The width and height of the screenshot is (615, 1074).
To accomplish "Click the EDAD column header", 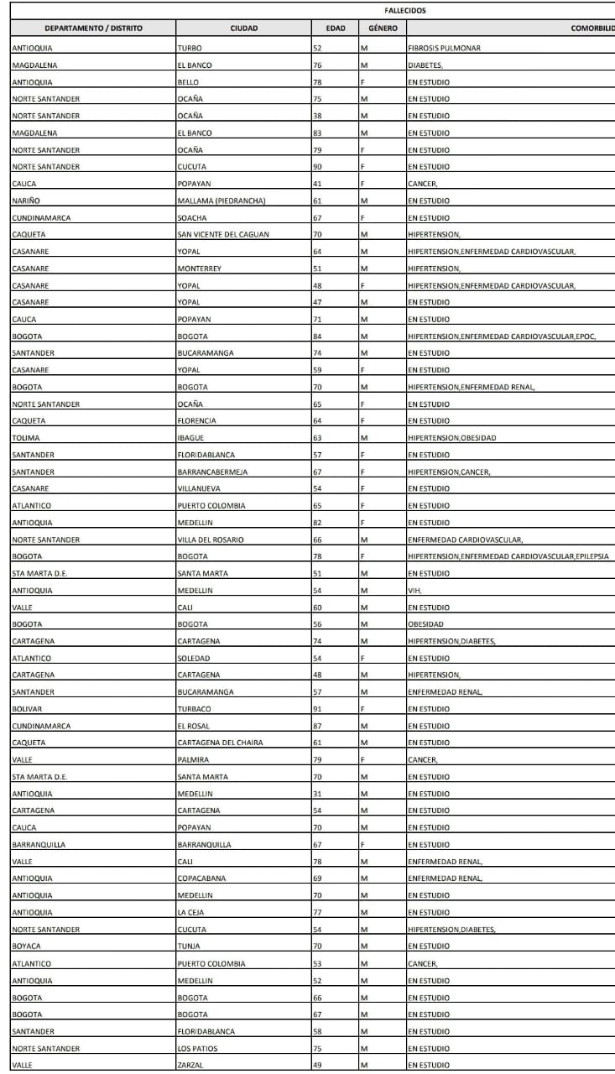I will tap(335, 29).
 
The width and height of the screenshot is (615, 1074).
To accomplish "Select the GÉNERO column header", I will tap(382, 29).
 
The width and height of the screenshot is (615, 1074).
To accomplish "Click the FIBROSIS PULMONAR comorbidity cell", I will tap(444, 48).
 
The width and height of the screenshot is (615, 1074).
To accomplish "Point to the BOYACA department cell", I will tap(27, 946).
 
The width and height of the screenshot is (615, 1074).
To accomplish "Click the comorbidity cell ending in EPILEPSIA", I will tap(508, 556).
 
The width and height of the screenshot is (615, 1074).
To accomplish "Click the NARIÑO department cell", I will tap(27, 201).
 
